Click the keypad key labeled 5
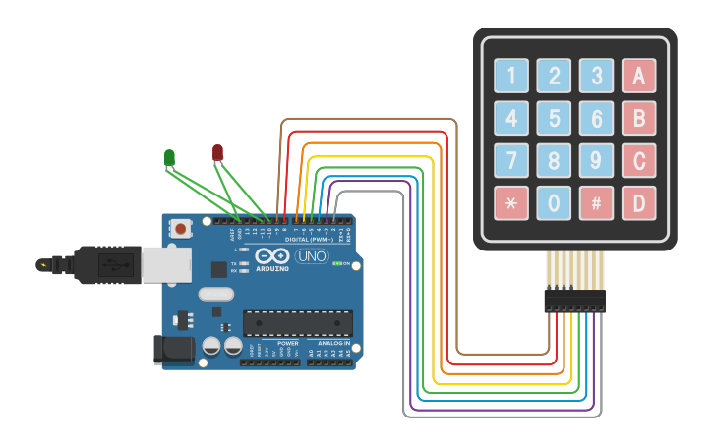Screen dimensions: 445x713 [x=555, y=119]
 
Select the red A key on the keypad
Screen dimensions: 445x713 [x=639, y=76]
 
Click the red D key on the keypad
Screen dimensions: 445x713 [x=639, y=203]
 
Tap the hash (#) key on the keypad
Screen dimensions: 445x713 [x=597, y=203]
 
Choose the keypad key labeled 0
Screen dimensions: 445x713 [x=555, y=203]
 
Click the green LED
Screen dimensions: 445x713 [x=169, y=157]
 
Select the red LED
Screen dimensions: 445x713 [x=217, y=152]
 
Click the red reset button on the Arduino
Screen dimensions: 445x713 [x=181, y=228]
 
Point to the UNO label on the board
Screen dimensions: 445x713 [x=312, y=257]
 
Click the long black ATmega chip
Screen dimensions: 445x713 [x=298, y=322]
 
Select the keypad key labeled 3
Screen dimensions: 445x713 [x=597, y=76]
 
